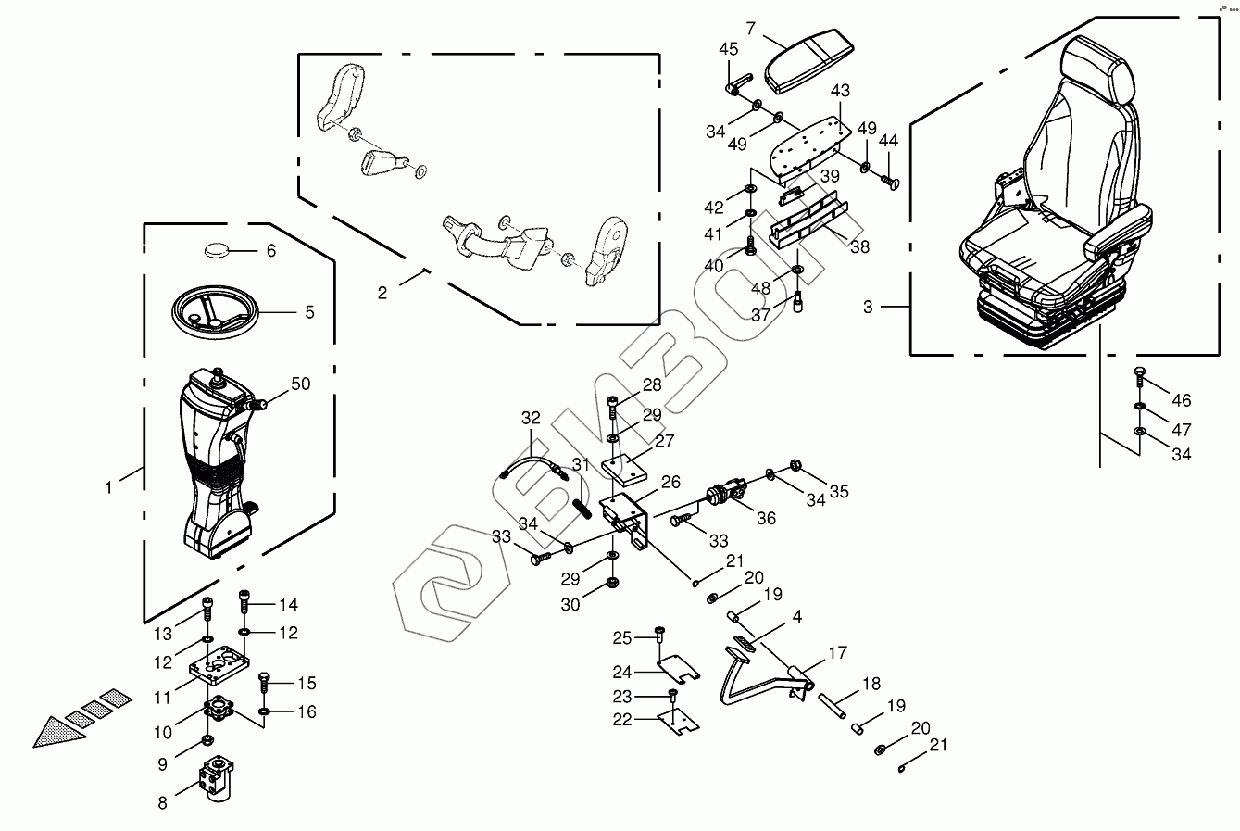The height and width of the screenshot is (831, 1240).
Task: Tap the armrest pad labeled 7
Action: tap(808, 60)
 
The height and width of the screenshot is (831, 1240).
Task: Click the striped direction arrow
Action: tap(81, 718)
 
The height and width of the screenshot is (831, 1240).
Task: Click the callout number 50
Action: tap(301, 384)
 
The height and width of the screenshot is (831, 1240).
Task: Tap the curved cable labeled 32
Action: tap(532, 466)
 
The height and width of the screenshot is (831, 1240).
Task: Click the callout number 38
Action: tap(859, 247)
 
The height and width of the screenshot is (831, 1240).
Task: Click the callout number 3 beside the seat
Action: tap(868, 307)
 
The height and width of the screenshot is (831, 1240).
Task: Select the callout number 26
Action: tap(670, 483)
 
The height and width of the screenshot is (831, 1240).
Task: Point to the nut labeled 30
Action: tap(612, 583)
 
